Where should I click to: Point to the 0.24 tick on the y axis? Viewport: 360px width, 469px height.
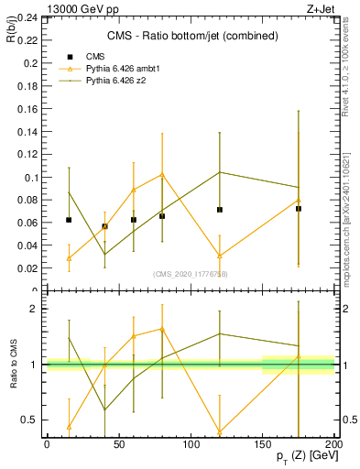[28, 18]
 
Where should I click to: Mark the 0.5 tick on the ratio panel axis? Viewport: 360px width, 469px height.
[30, 420]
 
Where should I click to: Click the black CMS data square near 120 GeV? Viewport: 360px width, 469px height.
[220, 210]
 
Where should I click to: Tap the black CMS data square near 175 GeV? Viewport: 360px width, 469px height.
[299, 209]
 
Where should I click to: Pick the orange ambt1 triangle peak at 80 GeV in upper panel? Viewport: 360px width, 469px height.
[162, 174]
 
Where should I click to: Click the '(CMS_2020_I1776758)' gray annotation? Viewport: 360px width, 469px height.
[191, 274]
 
